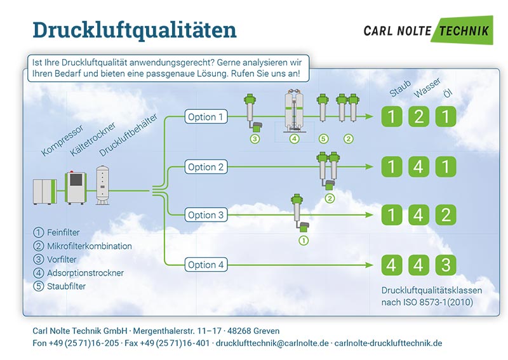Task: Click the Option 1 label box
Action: (x=206, y=117)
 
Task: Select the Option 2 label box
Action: (x=206, y=167)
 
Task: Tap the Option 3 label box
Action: (x=206, y=215)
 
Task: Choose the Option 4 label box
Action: (x=206, y=265)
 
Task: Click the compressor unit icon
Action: (x=44, y=192)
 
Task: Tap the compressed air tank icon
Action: (x=103, y=185)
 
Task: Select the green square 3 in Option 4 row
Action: (x=446, y=265)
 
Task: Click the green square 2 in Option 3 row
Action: (x=446, y=215)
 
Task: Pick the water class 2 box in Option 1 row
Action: (x=418, y=116)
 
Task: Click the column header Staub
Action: (x=400, y=88)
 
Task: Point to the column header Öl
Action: (x=448, y=93)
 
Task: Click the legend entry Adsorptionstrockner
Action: (x=78, y=273)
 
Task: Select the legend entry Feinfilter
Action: (x=57, y=232)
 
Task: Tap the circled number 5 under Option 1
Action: (x=323, y=139)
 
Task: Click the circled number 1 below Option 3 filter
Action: (x=304, y=241)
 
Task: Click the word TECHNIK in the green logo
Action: (x=464, y=31)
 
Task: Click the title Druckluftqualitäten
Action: (x=135, y=30)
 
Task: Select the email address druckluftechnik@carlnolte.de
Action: (x=272, y=343)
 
